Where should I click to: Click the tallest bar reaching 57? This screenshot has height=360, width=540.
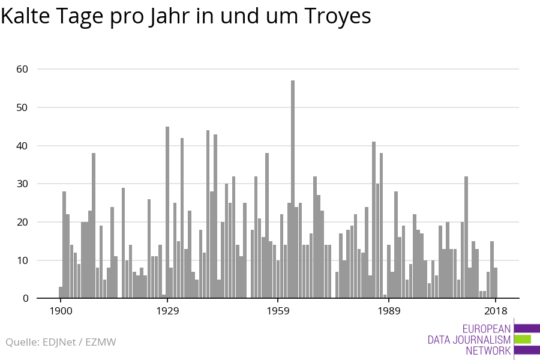click(293, 189)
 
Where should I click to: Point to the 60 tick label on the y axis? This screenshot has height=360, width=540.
click(22, 69)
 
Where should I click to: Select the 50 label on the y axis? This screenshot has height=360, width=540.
click(22, 107)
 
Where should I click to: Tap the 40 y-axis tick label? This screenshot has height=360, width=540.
click(22, 146)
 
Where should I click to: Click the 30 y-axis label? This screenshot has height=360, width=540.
click(22, 184)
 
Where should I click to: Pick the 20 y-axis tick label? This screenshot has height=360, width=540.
click(22, 222)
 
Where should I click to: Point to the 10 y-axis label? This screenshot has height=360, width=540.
click(22, 260)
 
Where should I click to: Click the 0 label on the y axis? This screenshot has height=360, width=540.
click(25, 299)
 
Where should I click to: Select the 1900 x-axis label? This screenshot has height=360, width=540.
click(61, 311)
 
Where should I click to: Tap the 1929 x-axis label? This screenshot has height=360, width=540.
click(167, 311)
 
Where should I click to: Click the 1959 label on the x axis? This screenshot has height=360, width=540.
click(278, 311)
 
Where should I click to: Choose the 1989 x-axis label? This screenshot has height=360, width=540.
click(389, 311)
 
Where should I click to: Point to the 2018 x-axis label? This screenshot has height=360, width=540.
click(496, 311)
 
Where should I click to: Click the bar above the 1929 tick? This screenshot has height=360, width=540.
click(167, 212)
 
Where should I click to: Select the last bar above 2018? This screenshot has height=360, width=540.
click(496, 283)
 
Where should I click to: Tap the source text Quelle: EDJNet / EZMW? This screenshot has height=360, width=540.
click(61, 342)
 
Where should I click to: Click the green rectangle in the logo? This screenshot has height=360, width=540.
click(523, 340)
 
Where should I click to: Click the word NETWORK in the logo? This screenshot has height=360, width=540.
click(488, 350)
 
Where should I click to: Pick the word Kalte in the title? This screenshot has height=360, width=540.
click(25, 16)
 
